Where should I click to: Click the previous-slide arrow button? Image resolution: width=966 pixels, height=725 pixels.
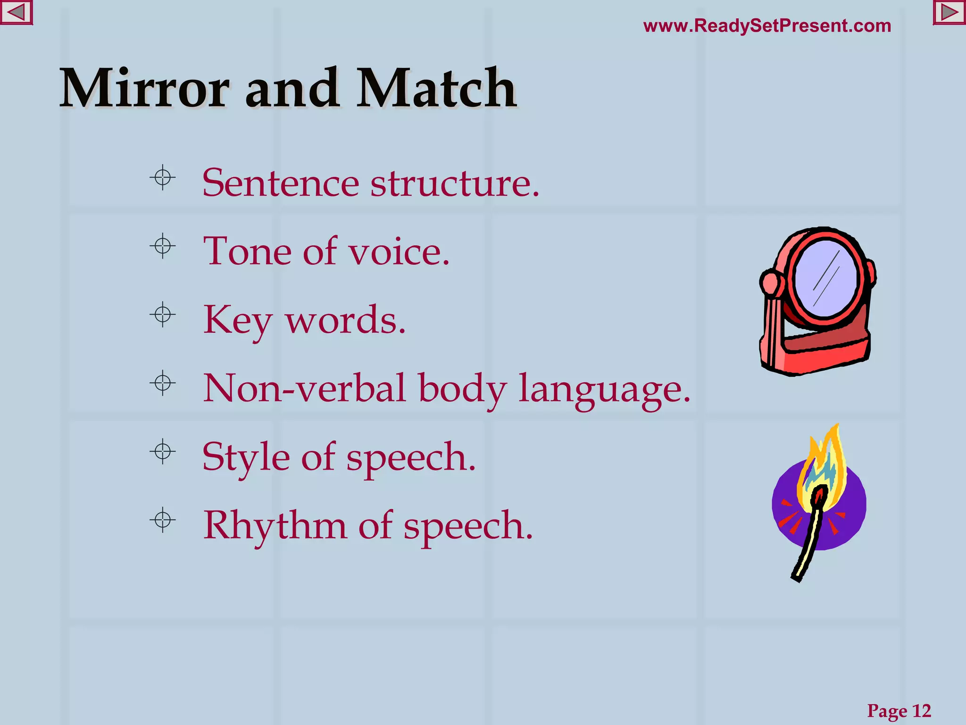pyautogui.click(x=16, y=13)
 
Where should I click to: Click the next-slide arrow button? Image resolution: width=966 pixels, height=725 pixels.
pyautogui.click(x=949, y=13)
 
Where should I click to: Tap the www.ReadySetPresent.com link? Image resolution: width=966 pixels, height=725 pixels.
pyautogui.click(x=767, y=26)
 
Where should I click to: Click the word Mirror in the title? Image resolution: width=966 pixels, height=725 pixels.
pyautogui.click(x=144, y=89)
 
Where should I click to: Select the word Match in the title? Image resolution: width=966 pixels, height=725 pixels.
pyautogui.click(x=436, y=89)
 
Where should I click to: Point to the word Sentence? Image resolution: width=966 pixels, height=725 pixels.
pyautogui.click(x=280, y=183)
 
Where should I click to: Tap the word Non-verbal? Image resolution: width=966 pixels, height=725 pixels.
pyautogui.click(x=305, y=388)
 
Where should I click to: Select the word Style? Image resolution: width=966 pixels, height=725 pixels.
pyautogui.click(x=246, y=457)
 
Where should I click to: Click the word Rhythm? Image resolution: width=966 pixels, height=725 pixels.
pyautogui.click(x=275, y=525)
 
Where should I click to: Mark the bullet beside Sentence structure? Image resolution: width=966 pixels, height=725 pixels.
pyautogui.click(x=163, y=178)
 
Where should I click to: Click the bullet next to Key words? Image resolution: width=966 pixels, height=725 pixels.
pyautogui.click(x=163, y=315)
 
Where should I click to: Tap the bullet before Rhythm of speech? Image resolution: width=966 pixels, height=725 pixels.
pyautogui.click(x=163, y=521)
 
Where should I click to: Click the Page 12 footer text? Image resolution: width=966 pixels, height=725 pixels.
pyautogui.click(x=899, y=710)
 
